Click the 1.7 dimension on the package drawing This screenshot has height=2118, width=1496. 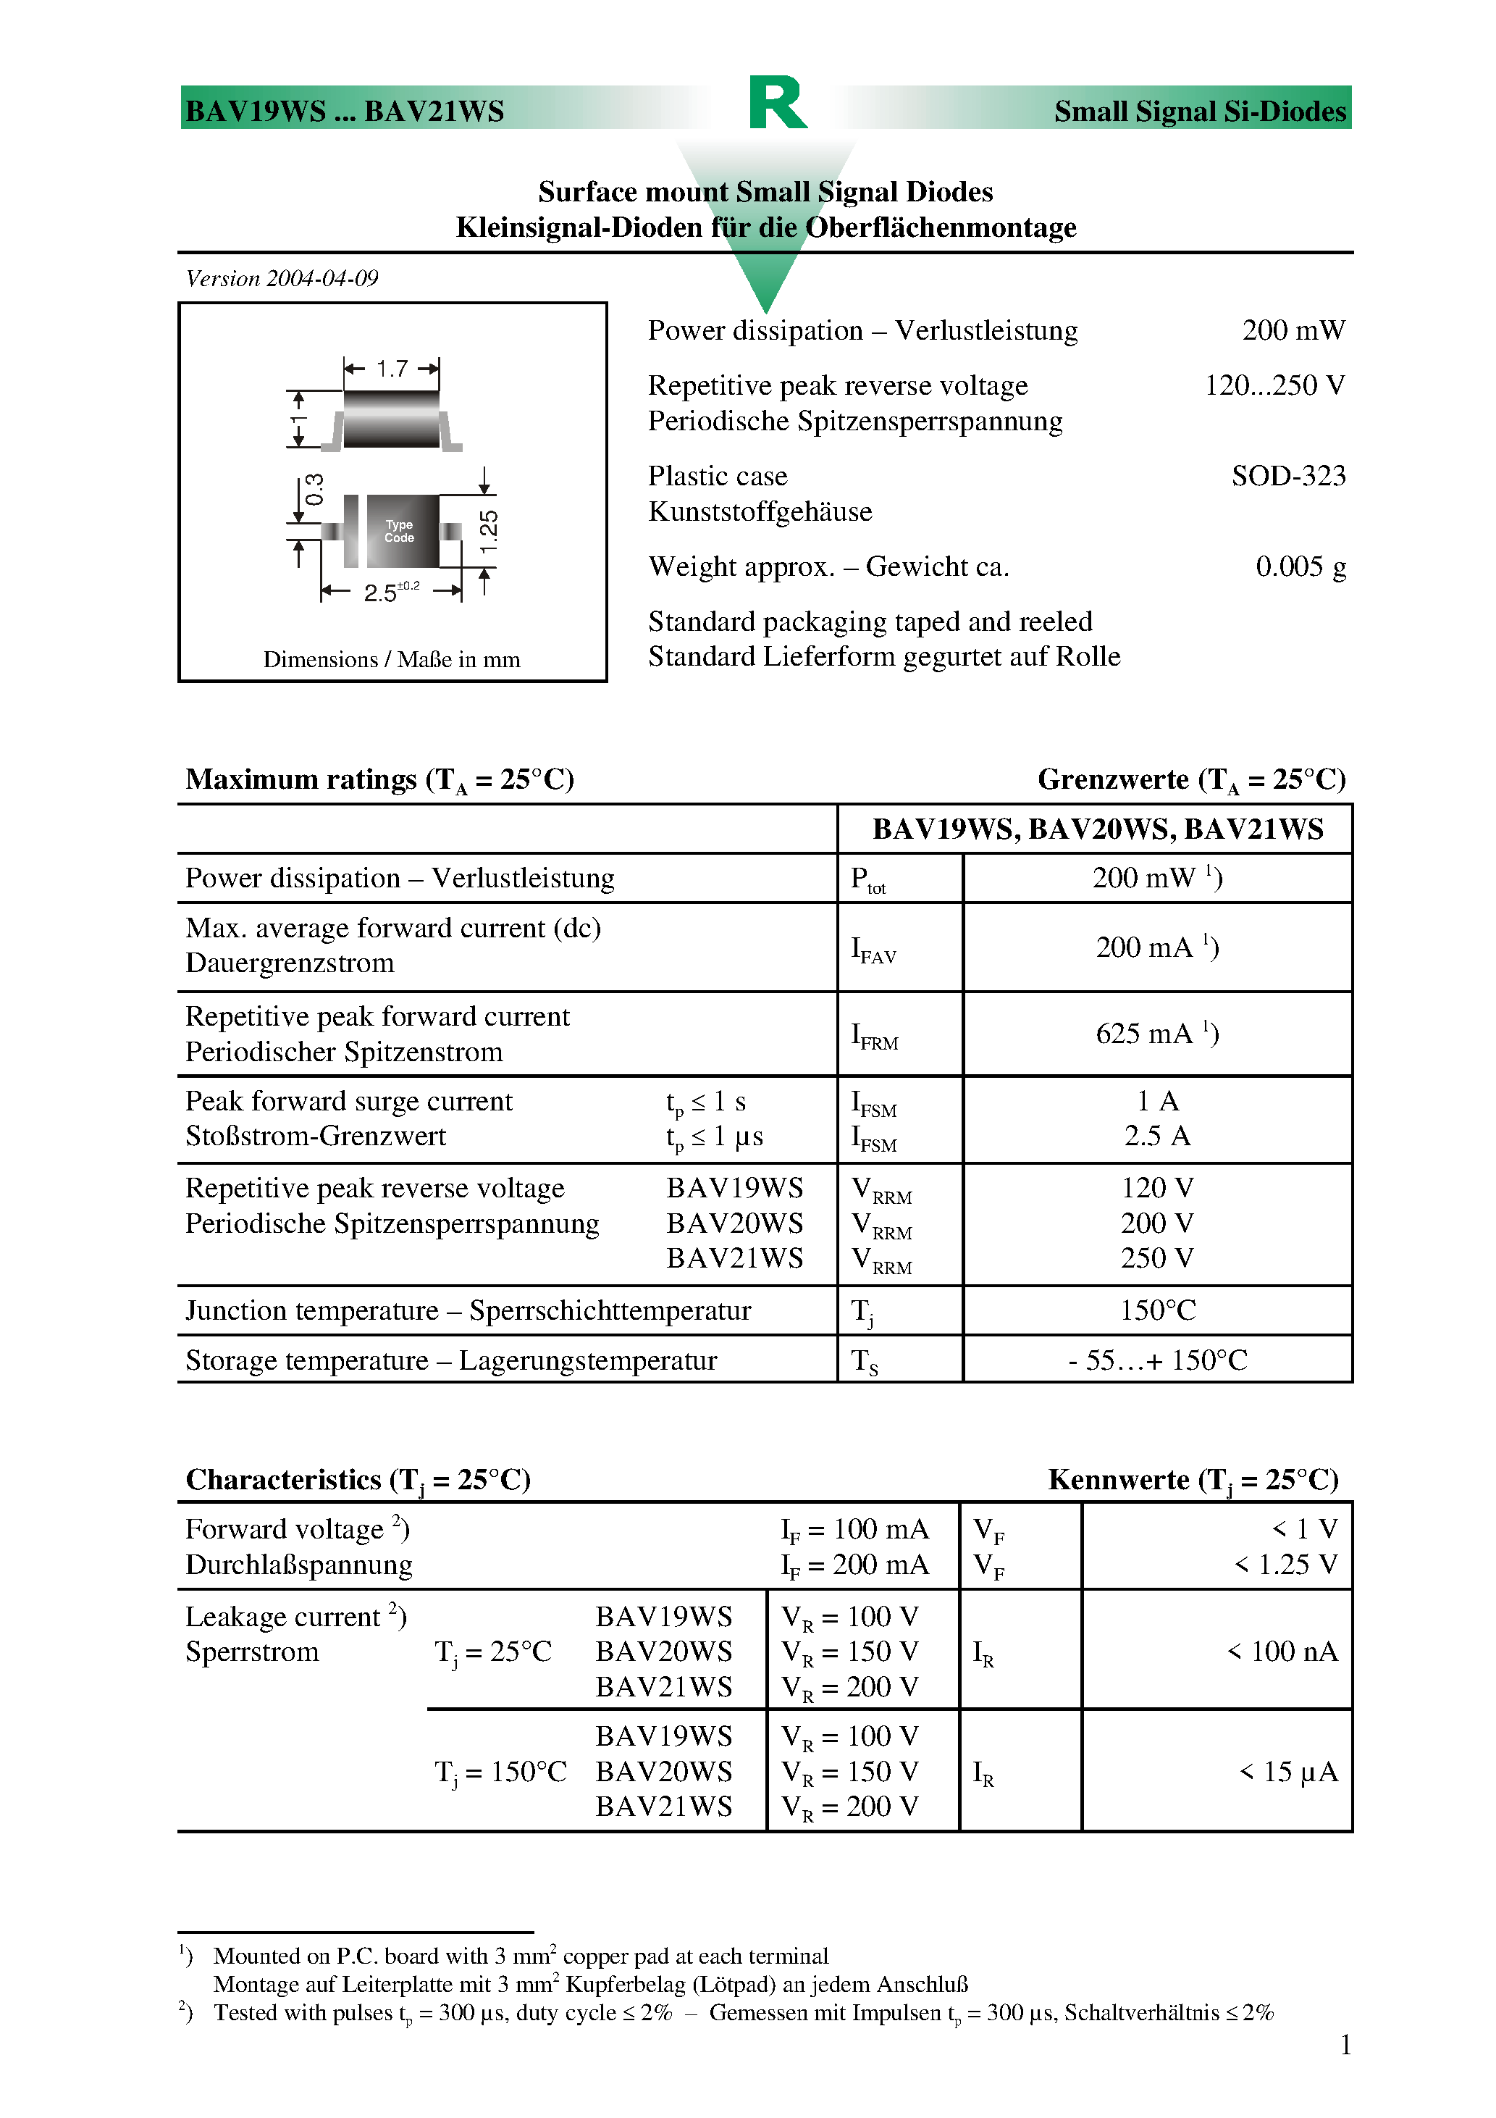391,369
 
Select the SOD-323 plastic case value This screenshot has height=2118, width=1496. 1287,476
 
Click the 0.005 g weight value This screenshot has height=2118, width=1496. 1300,566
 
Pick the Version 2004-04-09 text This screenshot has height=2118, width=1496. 282,279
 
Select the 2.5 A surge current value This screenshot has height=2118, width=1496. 1156,1137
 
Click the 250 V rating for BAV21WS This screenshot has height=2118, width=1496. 1156,1258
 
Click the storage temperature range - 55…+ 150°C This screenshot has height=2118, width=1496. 1156,1360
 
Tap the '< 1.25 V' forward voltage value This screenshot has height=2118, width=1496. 1286,1565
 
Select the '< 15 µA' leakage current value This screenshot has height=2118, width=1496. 1287,1772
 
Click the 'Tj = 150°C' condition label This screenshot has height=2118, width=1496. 500,1772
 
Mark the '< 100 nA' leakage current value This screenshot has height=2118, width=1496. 1282,1652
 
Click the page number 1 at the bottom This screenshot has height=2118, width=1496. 1345,2045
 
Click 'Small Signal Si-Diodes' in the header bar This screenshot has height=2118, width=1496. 1199,112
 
